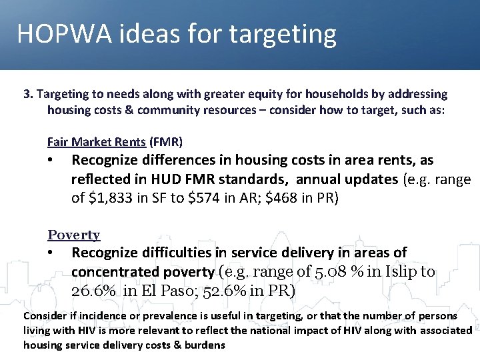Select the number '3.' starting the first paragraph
click(28, 94)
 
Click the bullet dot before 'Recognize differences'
click(51, 161)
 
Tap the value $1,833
click(111, 198)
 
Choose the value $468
click(291, 198)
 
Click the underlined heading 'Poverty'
click(73, 235)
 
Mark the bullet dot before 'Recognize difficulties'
click(51, 253)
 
